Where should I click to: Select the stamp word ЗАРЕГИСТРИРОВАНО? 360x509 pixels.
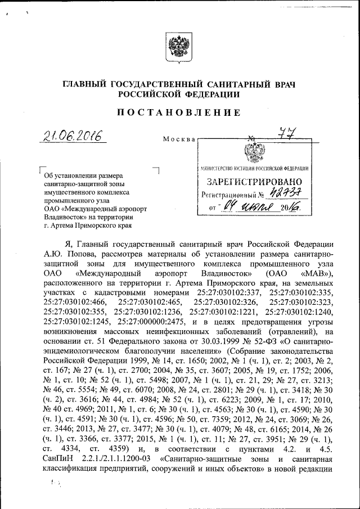(x=254, y=182)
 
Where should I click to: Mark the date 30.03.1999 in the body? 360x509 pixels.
(x=213, y=343)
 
